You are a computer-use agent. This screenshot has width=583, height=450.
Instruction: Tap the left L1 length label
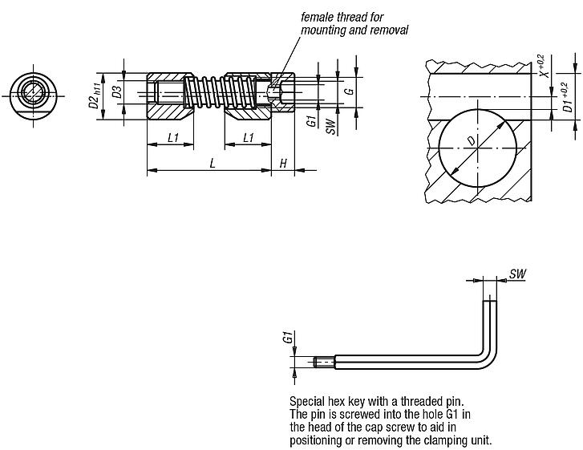pos(172,138)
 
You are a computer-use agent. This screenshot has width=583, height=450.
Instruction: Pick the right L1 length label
pos(249,138)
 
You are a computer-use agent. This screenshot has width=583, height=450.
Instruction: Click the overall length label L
pos(212,162)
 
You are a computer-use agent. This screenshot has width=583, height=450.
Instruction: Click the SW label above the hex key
pos(517,274)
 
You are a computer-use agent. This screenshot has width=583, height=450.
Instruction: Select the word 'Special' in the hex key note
pos(306,400)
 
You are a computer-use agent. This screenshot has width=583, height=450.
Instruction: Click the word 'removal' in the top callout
pos(388,30)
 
